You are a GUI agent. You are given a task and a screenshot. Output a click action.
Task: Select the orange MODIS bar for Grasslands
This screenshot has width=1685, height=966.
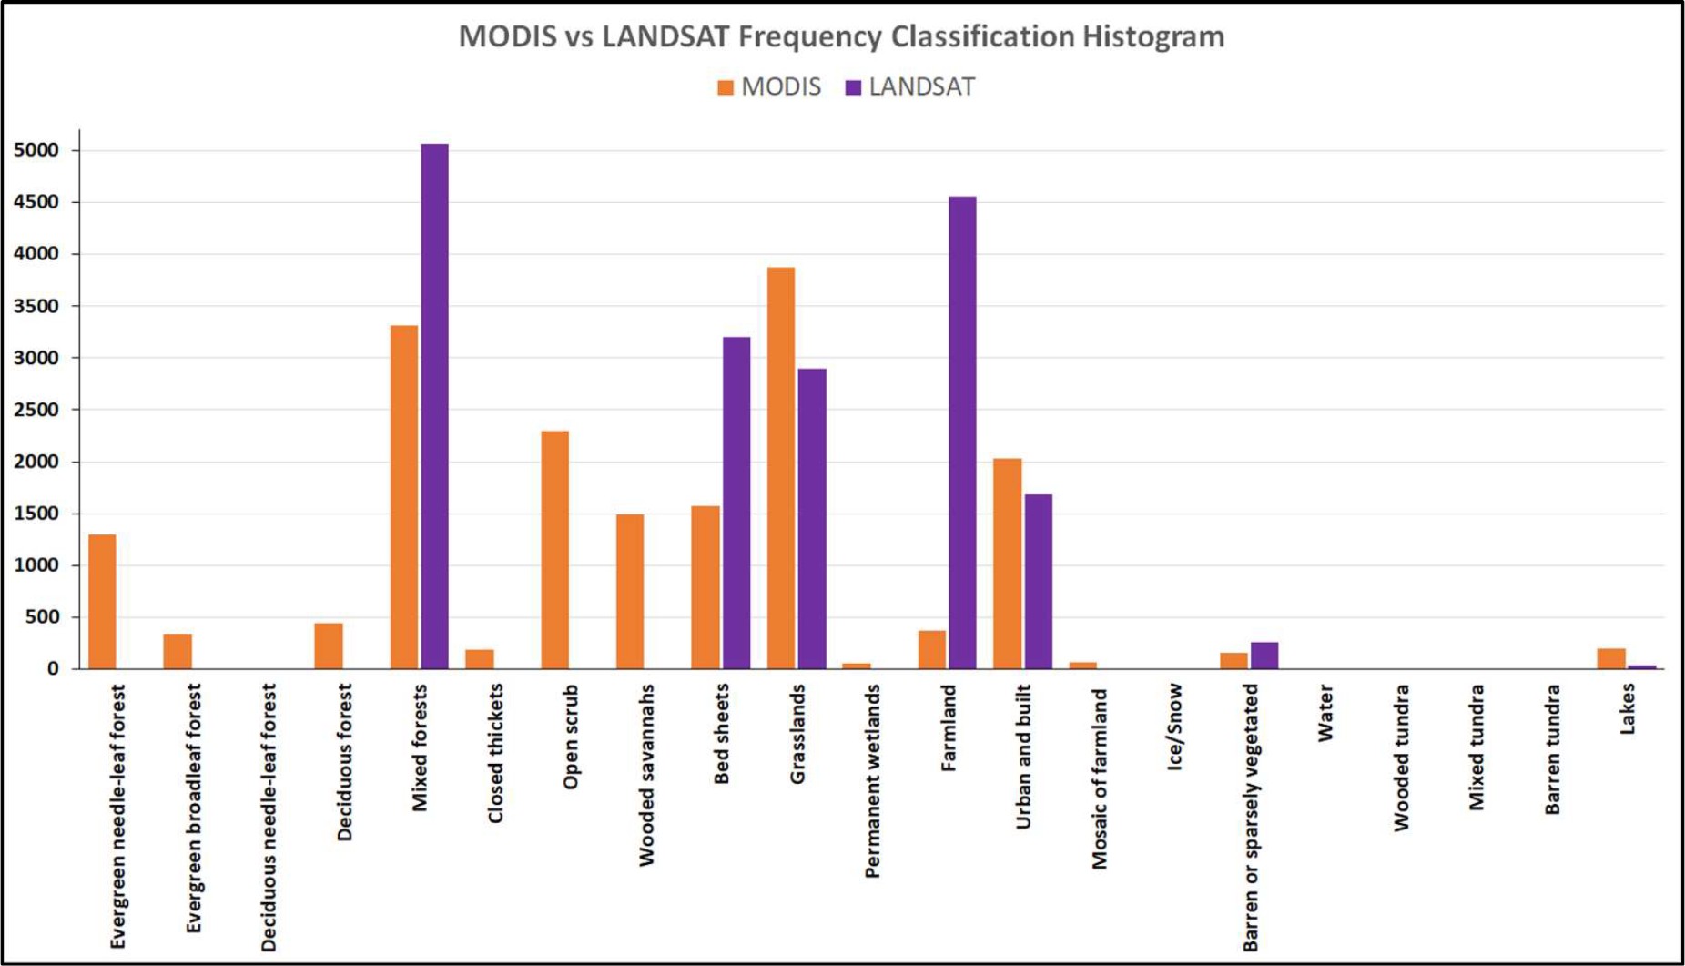click(x=781, y=468)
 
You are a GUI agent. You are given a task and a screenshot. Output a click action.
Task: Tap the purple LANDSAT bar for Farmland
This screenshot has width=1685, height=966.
click(x=962, y=432)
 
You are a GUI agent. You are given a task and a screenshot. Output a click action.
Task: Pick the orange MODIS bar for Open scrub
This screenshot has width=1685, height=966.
click(x=554, y=550)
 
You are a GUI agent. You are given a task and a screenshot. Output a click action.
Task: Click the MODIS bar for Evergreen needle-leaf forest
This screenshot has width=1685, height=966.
click(x=102, y=602)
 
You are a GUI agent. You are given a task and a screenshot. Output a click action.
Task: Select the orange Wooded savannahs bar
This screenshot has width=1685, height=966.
click(x=630, y=592)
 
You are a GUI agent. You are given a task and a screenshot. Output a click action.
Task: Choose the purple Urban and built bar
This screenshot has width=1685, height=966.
click(x=1038, y=582)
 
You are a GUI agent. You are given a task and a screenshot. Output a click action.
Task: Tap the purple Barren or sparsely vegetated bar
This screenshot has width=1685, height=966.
click(x=1264, y=656)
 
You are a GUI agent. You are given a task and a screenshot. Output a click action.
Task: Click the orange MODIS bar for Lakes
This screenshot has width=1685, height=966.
click(x=1611, y=659)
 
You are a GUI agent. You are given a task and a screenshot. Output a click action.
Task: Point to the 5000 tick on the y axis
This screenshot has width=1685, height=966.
click(x=36, y=150)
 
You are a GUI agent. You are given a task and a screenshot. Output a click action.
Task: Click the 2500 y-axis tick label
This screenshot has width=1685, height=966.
click(x=36, y=410)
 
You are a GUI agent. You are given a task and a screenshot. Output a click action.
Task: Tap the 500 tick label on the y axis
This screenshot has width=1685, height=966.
click(x=41, y=617)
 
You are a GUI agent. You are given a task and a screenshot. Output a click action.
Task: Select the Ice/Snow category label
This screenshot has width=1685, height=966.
click(x=1174, y=727)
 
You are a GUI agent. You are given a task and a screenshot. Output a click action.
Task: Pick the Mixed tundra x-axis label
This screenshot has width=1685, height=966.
click(x=1476, y=747)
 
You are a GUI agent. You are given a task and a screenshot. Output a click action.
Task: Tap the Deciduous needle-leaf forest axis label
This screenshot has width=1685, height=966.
click(x=268, y=818)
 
